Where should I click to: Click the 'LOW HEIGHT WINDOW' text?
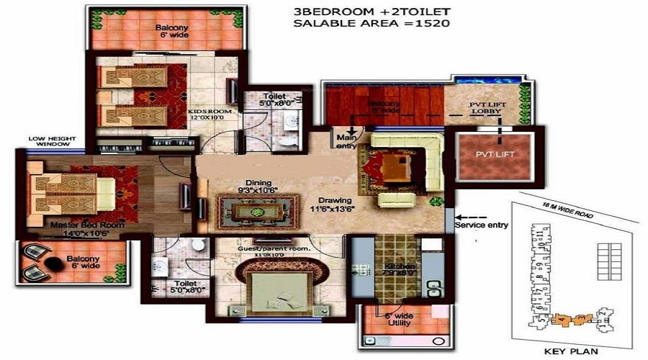50,141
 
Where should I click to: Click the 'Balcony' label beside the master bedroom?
82,258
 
